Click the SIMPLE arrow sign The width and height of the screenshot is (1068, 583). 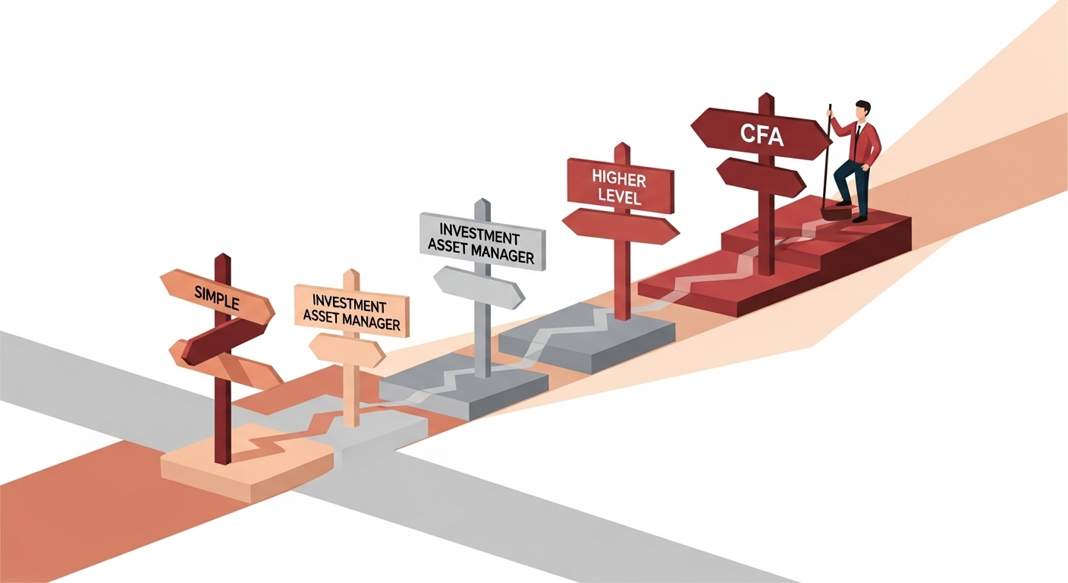pos(216,297)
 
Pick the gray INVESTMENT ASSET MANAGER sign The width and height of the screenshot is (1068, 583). pos(481,239)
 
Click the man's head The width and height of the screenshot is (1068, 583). pos(861,109)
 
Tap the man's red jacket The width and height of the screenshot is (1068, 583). pos(862,141)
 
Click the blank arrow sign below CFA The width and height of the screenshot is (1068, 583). pos(761,178)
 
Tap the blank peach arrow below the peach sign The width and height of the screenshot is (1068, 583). pos(347,350)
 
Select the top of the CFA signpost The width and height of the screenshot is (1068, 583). pos(766,99)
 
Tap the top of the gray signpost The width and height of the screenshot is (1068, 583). pos(479,203)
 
